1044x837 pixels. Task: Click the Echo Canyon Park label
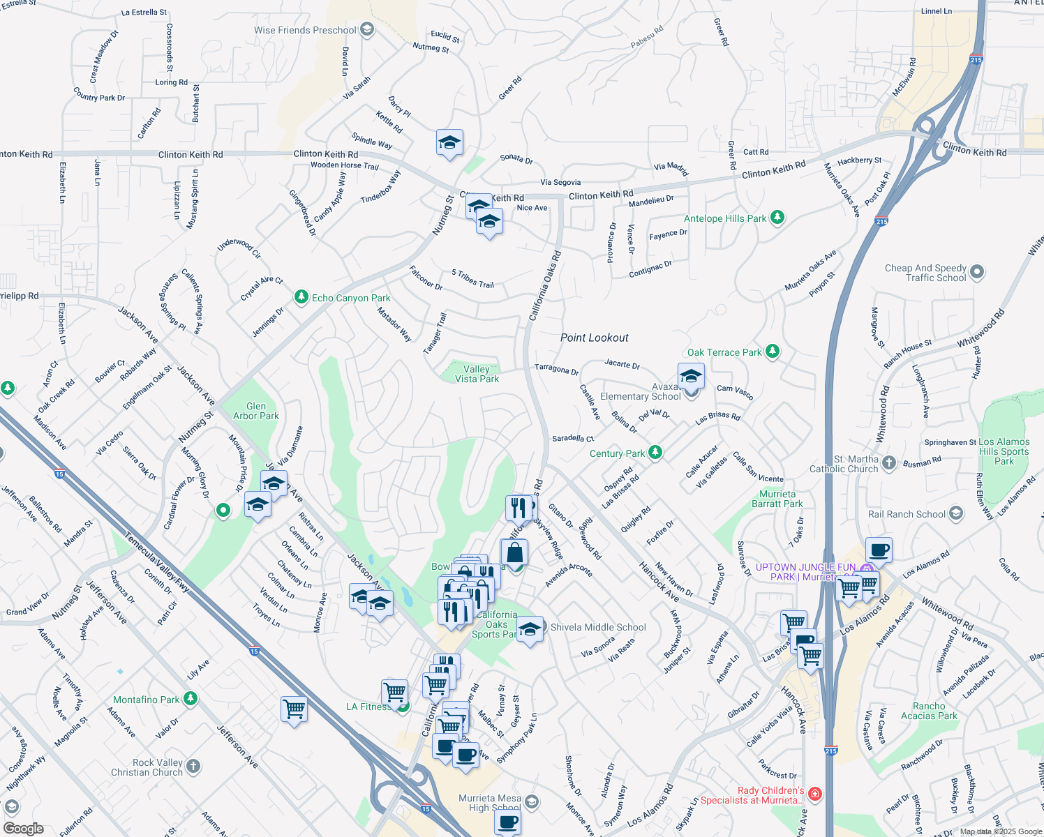click(x=351, y=298)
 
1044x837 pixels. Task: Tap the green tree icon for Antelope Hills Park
click(x=777, y=218)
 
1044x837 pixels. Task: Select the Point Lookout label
click(x=594, y=338)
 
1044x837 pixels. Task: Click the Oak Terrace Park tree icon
click(x=772, y=352)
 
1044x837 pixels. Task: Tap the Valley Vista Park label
click(x=477, y=374)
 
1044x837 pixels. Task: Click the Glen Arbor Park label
click(x=256, y=411)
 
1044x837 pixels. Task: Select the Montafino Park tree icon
click(x=190, y=699)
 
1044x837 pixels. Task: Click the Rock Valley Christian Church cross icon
click(x=193, y=767)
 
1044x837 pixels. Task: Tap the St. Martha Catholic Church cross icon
click(x=888, y=462)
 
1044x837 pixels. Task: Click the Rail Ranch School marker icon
click(x=956, y=514)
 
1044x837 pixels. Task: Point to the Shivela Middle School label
click(x=598, y=627)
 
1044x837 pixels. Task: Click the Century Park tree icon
click(x=655, y=453)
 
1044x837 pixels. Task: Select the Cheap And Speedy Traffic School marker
click(x=977, y=272)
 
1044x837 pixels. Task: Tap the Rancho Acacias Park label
click(x=929, y=711)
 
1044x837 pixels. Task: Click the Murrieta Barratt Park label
click(x=777, y=499)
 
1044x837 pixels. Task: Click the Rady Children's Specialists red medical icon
click(x=815, y=794)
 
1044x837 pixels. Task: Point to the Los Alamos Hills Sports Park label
click(x=1004, y=451)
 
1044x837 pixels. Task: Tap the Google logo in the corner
click(x=23, y=828)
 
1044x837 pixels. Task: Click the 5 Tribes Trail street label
click(x=472, y=279)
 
